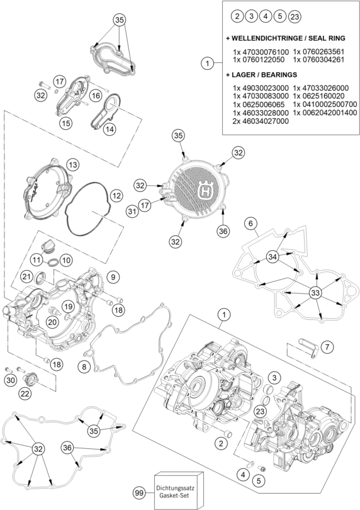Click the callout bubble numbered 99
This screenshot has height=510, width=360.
click(x=139, y=493)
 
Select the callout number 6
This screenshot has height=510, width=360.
click(x=250, y=224)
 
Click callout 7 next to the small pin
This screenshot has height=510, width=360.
click(x=327, y=347)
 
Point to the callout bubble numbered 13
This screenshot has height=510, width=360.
click(x=72, y=164)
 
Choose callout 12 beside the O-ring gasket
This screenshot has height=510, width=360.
click(x=116, y=196)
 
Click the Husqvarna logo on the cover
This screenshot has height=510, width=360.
click(x=206, y=189)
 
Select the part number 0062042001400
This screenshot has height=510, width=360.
click(x=325, y=113)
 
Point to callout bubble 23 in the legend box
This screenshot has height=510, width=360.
click(x=295, y=16)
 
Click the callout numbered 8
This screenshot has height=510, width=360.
click(x=84, y=367)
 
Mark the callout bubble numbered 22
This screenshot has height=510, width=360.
click(x=25, y=394)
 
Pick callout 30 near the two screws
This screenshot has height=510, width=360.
click(x=11, y=380)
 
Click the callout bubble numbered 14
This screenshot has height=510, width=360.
click(x=110, y=129)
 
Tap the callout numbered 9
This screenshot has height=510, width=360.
click(x=113, y=277)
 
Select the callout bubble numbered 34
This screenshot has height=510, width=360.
click(x=273, y=257)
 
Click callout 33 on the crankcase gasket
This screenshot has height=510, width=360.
click(x=315, y=293)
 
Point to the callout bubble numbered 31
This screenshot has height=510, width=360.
click(x=132, y=212)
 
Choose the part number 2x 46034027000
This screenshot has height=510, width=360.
click(x=261, y=121)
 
